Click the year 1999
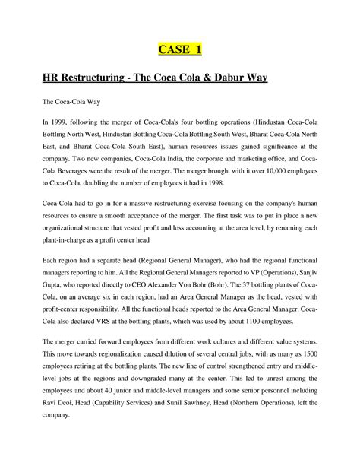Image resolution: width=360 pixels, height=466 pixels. (x=58, y=123)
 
